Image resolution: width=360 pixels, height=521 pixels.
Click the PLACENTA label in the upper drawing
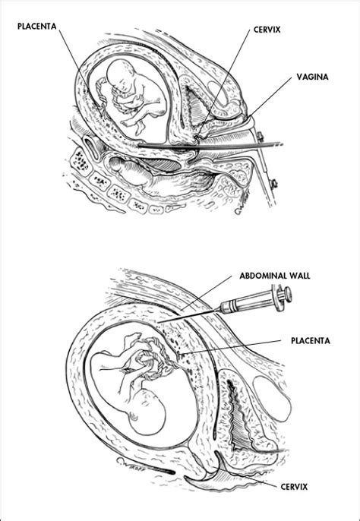click(x=37, y=27)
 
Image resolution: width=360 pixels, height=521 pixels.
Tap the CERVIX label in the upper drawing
click(x=267, y=30)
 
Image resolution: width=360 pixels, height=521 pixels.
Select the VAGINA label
click(x=312, y=77)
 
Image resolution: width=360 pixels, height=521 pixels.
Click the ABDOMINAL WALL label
click(x=275, y=276)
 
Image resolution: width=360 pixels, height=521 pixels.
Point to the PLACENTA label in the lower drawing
click(x=311, y=341)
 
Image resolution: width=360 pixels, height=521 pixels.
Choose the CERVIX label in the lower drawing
click(x=294, y=487)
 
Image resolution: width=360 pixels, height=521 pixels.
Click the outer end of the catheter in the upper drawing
click(x=282, y=144)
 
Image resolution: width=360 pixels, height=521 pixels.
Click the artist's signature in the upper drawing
click(x=242, y=207)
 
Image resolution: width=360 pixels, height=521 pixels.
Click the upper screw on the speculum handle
click(x=261, y=135)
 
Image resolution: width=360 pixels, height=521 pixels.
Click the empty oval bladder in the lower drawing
click(x=272, y=399)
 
